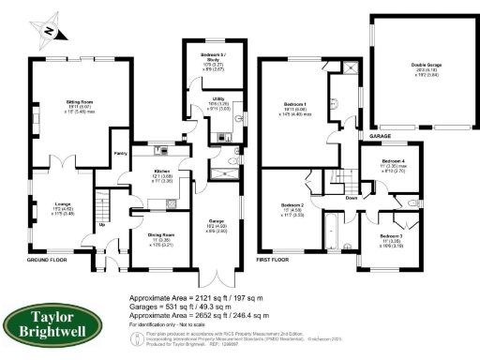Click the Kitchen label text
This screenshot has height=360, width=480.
pos(162,171)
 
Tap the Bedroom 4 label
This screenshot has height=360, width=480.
pos(394,163)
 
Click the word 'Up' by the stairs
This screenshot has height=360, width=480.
pos(102,224)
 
